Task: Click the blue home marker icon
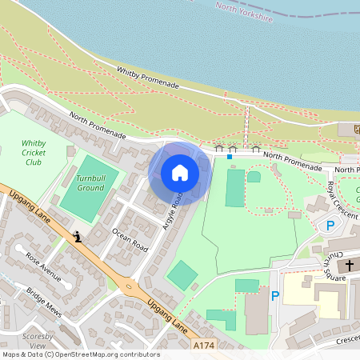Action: click(x=180, y=173)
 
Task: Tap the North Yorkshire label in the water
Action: click(x=245, y=10)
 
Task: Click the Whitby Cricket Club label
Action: click(x=33, y=153)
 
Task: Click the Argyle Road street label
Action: click(x=174, y=213)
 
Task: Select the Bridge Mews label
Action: click(x=43, y=298)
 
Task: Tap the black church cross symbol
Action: click(x=348, y=264)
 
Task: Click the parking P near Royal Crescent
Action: click(x=330, y=226)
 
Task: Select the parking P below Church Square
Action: click(x=275, y=296)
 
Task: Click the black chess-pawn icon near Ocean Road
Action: click(x=78, y=237)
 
